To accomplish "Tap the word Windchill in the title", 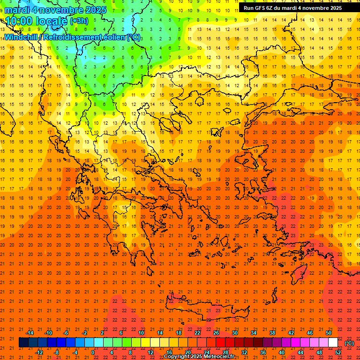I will coord(21,37).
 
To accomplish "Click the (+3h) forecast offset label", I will coord(79,21).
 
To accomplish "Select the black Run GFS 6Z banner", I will coord(298,8).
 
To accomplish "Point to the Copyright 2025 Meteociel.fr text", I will coord(199,357).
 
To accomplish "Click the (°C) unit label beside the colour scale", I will coord(349,343).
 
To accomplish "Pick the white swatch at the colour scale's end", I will coord(333,343).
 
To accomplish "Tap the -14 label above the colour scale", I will coord(30,333).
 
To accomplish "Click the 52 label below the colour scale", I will coord(338,352).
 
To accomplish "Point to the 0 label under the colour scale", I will coord(93,352).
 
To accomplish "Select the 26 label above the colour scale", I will coord(216,333).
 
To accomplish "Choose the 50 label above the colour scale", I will coord(329,333).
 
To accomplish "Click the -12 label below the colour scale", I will coord(39,352).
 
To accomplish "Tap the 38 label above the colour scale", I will coord(272,333).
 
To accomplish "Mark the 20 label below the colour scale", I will coord(187,352).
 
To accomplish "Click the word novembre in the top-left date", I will coord(60,10).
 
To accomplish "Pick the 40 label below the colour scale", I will coord(282,352).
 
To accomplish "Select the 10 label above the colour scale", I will coord(141,333).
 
